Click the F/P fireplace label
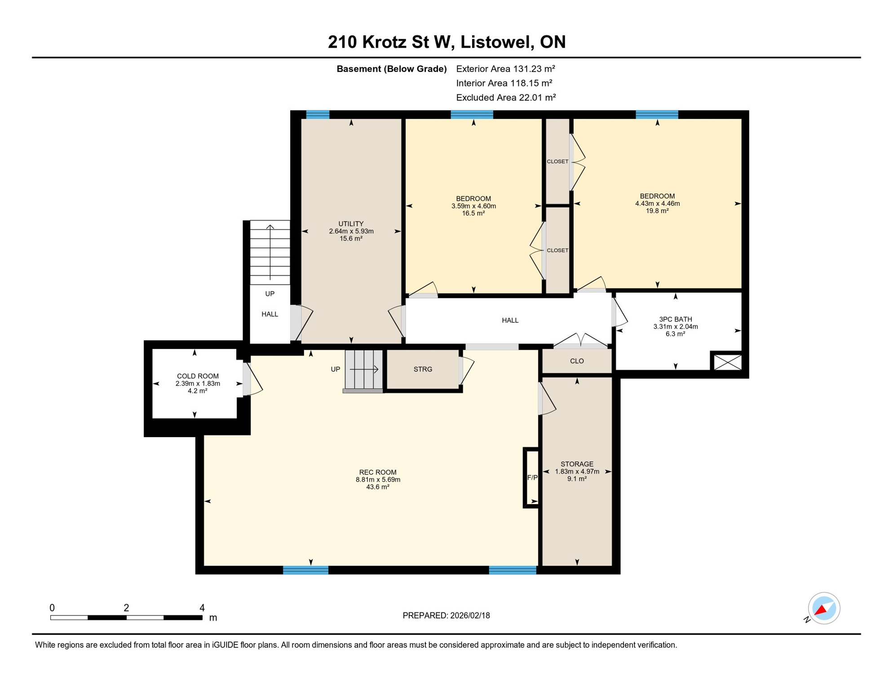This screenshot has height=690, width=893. click(532, 478)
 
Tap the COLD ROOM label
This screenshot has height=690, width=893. click(198, 376)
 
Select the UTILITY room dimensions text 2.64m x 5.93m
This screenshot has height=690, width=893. click(351, 231)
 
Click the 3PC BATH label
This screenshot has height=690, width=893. click(675, 319)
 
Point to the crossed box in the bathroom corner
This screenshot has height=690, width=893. click(728, 362)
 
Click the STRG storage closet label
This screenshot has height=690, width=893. click(423, 369)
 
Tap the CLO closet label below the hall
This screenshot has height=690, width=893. click(577, 361)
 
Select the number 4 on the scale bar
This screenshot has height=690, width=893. click(202, 608)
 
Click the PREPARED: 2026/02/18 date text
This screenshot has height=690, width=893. click(446, 615)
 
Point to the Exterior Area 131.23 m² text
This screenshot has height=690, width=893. click(505, 69)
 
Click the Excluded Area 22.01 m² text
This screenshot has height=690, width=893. click(506, 97)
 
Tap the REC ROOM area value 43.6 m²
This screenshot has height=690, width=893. click(377, 487)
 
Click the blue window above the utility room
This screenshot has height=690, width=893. click(318, 115)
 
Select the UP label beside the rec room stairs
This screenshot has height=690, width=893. click(335, 369)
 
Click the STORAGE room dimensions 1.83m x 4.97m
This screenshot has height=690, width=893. click(577, 472)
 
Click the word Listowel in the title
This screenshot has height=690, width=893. click(496, 42)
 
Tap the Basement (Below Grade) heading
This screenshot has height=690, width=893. click(391, 69)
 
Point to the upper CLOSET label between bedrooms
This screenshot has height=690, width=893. click(557, 162)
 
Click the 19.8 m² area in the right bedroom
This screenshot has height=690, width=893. click(657, 211)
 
